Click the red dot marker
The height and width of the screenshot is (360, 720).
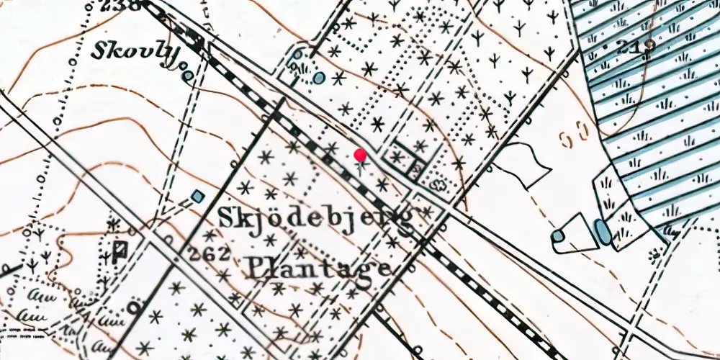click(x=360, y=155)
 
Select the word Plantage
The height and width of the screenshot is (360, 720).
click(x=320, y=268)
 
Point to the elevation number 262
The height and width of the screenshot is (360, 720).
click(x=209, y=253)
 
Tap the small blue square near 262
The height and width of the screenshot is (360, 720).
click(x=198, y=196)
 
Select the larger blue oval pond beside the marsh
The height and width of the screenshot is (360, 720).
click(x=602, y=233)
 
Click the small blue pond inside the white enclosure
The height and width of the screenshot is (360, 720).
click(x=558, y=235)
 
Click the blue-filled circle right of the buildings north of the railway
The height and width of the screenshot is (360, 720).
click(x=319, y=77)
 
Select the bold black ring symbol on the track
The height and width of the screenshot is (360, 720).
click(x=134, y=308)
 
